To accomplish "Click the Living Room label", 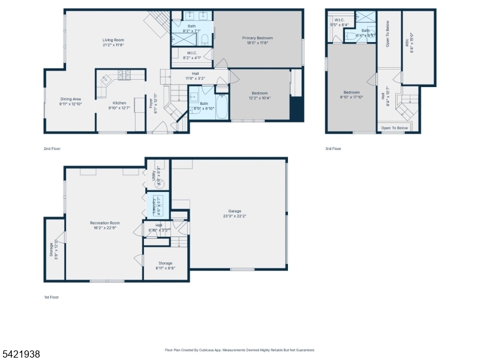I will click(x=113, y=40).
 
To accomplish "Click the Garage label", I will click(x=234, y=211).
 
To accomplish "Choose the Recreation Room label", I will click(x=105, y=223).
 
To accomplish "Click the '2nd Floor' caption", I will click(x=52, y=148).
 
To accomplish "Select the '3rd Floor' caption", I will click(x=333, y=148).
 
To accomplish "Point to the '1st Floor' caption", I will click(x=51, y=297).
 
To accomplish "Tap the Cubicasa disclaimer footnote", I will click(x=240, y=350).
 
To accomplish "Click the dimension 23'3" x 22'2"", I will click(x=234, y=216).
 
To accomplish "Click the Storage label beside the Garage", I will click(x=166, y=263).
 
